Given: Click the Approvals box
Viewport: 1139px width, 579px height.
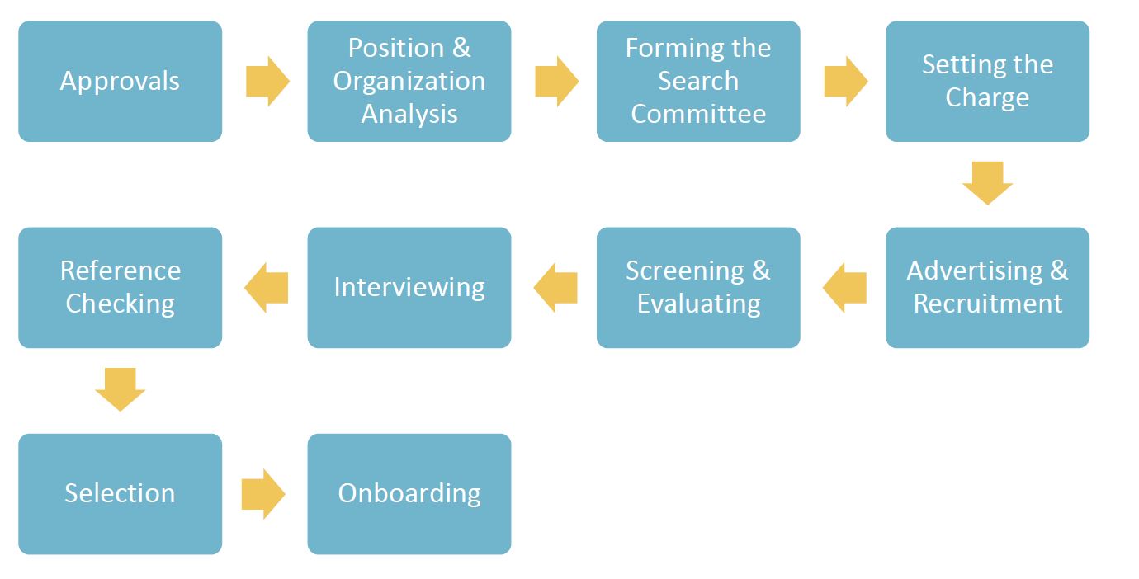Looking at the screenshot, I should coord(120,81).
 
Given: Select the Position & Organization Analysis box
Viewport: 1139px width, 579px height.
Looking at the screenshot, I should coord(409,81).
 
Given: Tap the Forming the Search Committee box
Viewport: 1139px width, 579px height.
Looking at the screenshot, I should coord(698,81).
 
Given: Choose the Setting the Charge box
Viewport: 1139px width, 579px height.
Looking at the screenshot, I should coord(987,81).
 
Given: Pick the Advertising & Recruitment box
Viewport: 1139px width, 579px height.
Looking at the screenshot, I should coord(987,287).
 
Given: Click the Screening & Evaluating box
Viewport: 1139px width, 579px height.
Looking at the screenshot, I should coord(698,287).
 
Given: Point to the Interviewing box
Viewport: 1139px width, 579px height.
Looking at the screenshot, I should coord(409,287).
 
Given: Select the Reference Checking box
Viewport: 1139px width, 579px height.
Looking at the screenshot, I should coord(120,287).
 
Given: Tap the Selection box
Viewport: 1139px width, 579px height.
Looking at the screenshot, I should coord(120,493).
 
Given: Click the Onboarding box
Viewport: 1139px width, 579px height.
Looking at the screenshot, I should coord(409,493).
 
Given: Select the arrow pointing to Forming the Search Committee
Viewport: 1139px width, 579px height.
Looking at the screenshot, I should coord(556,81).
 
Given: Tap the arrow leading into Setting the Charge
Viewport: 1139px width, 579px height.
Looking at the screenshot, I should coord(845,81).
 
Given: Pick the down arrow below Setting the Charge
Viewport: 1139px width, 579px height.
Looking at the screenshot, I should coord(987,183).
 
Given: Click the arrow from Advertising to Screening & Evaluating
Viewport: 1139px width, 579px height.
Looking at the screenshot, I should coord(844,288).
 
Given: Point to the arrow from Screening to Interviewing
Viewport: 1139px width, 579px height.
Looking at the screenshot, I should coord(555,288).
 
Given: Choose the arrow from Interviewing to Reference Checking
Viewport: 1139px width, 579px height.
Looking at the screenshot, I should coord(267,288).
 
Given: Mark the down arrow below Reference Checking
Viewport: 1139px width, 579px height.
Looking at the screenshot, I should coord(120,389).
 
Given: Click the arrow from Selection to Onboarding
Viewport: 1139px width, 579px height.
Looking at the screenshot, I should coord(263,494).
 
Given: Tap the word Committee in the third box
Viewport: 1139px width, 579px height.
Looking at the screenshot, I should coord(698,114).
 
